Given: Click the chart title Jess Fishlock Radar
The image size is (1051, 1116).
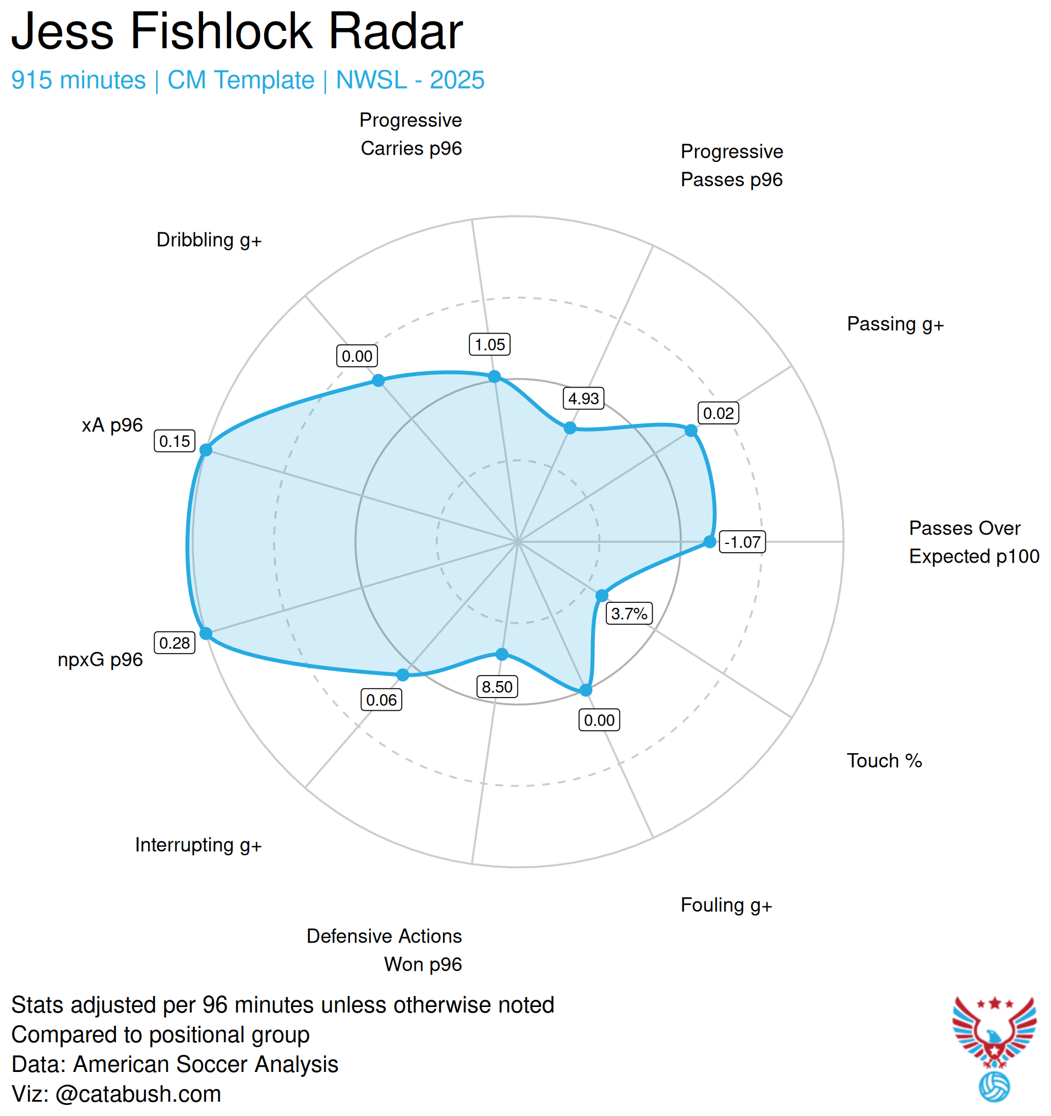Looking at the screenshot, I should [x=237, y=31].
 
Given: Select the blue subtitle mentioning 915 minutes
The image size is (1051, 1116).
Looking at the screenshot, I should [x=248, y=80].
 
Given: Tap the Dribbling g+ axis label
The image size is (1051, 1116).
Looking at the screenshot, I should [x=209, y=239].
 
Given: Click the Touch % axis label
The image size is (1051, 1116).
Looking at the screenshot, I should [x=884, y=760].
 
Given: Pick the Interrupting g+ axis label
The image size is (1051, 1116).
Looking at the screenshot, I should [x=198, y=845].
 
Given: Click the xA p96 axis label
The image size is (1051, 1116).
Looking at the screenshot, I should [x=112, y=425].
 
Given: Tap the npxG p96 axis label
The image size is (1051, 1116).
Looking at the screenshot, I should [x=101, y=659].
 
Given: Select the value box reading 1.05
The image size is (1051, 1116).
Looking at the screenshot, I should [x=489, y=344].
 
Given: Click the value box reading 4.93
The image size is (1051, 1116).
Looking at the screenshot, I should [x=583, y=398].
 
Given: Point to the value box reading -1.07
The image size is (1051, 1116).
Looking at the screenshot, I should [x=741, y=542].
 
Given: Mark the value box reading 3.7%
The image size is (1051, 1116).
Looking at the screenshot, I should [x=628, y=613].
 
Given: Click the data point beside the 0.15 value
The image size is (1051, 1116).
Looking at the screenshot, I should [x=206, y=450].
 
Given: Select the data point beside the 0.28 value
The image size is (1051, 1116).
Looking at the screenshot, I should [x=206, y=633].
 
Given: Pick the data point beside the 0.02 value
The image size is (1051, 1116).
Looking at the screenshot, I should [x=691, y=431].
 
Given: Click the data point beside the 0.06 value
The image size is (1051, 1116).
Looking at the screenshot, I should [x=402, y=675].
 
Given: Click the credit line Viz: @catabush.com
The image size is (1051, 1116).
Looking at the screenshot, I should [x=116, y=1093].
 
